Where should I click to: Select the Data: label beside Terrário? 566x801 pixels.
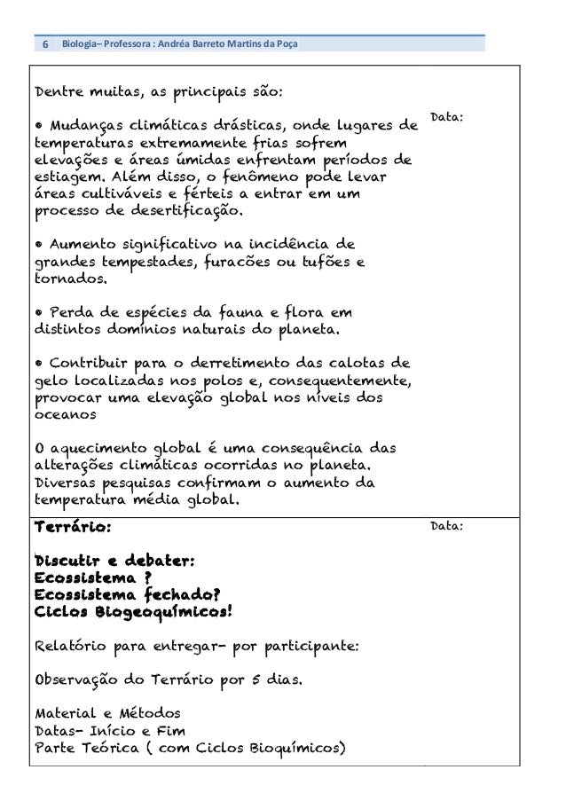tap(447, 526)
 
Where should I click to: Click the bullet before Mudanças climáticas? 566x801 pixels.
tap(37, 123)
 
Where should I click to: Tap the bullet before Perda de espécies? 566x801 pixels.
tap(37, 313)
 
